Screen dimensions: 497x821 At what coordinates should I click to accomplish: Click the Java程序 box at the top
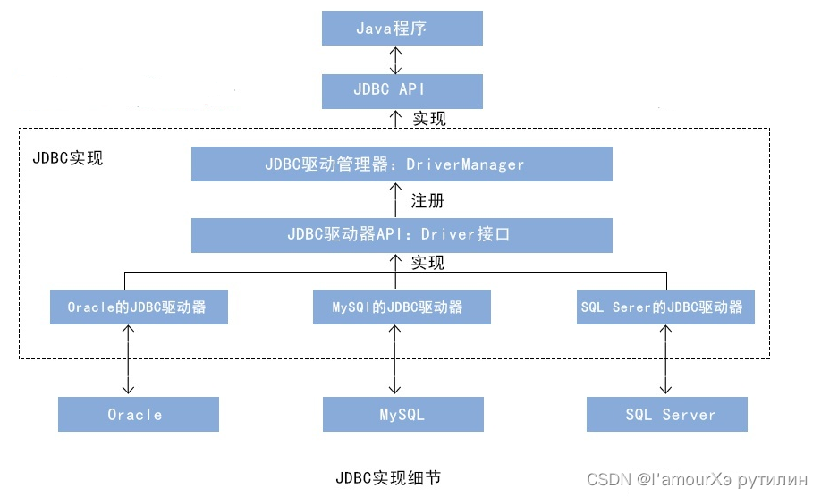[402, 28]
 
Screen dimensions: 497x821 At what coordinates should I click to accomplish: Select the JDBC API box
[402, 90]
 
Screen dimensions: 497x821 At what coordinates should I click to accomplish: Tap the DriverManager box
[402, 164]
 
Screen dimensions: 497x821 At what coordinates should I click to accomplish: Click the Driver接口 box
[402, 235]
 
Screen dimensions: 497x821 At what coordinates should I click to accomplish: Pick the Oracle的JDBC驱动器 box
[138, 307]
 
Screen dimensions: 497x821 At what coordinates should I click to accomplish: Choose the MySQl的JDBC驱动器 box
[402, 307]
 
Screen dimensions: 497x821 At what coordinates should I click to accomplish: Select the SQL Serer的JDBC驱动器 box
[662, 307]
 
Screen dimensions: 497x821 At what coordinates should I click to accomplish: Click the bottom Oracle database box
[138, 415]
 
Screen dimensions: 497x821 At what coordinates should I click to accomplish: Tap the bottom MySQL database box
[402, 415]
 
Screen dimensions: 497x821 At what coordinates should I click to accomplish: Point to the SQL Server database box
[666, 415]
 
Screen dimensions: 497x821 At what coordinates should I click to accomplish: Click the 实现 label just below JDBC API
[428, 118]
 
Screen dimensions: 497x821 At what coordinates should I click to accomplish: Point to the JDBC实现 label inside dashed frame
[68, 158]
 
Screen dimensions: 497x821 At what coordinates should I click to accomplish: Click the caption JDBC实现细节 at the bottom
[387, 477]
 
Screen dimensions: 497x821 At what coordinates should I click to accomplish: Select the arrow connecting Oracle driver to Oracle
[130, 359]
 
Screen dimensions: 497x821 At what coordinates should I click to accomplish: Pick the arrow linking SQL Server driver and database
[664, 359]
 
